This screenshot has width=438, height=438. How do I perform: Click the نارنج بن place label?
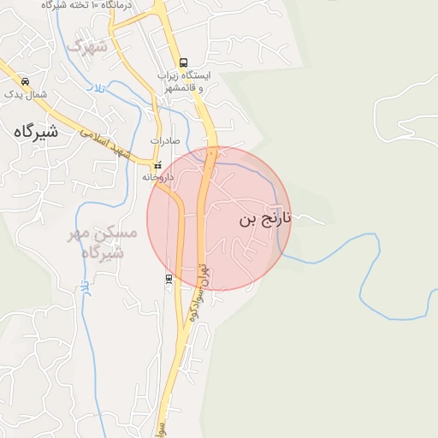(x=265, y=219)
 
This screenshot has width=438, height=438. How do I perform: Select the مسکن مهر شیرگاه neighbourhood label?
(x=100, y=243)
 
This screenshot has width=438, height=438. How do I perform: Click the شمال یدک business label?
(x=25, y=93)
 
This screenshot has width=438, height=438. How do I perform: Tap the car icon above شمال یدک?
(x=25, y=81)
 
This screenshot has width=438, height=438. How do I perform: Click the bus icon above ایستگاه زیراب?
(x=183, y=62)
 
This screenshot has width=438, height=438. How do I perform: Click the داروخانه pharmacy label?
(x=158, y=177)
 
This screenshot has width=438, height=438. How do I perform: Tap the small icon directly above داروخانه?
(x=157, y=165)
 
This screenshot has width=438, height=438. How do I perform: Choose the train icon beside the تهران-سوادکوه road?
(x=169, y=278)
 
